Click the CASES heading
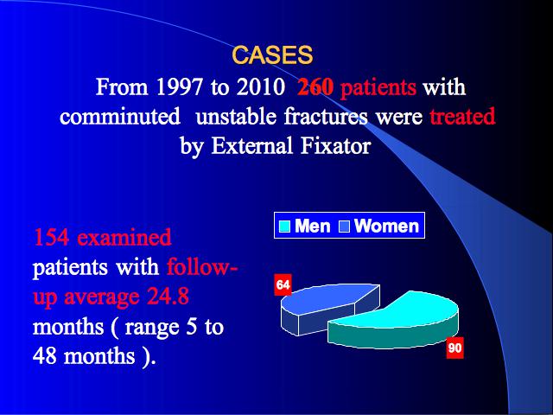coord(272,54)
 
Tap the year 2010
coord(260,86)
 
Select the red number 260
coord(315,86)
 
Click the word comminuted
coord(120,116)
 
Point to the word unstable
coord(236,116)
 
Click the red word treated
coord(462,116)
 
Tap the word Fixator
coord(335,145)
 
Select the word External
coord(251,145)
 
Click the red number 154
coord(51,237)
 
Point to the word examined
coord(124,237)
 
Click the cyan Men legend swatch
coord(284,227)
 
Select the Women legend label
coord(386,226)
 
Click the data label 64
coord(283,284)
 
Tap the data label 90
coord(454,348)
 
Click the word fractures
coord(326,116)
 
